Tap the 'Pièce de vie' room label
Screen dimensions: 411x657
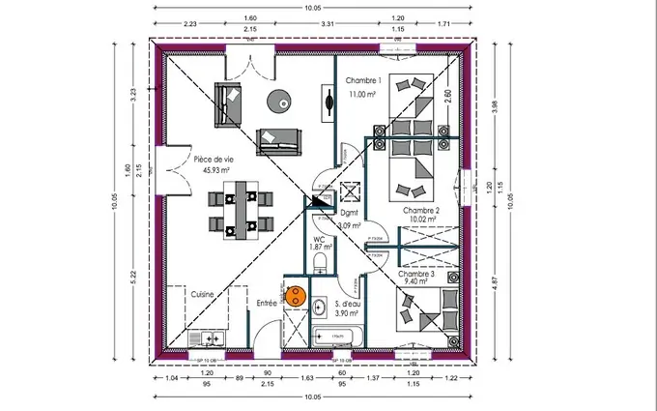point(214,160)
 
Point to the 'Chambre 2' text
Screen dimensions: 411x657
point(421,210)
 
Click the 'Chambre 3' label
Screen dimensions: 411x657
point(416,274)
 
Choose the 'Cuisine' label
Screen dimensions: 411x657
point(202,294)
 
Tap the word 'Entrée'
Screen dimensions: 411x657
point(267,303)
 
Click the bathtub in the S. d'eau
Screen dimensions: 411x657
point(339,337)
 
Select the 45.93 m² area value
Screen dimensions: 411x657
point(215,170)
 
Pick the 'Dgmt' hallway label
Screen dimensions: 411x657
point(350,212)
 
